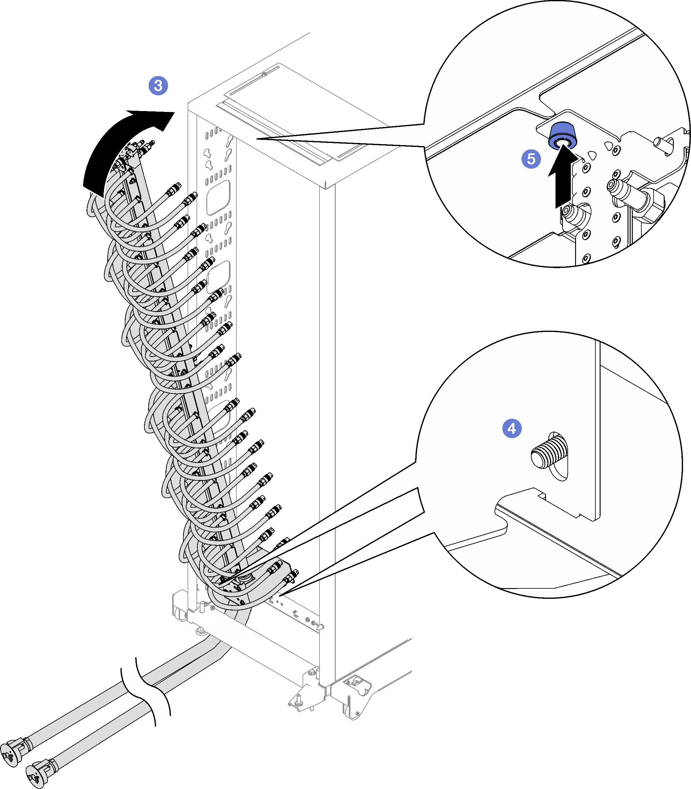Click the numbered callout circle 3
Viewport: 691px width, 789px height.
pos(158,85)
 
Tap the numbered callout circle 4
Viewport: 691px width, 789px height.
pos(512,428)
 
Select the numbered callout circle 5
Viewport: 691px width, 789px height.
pos(531,159)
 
